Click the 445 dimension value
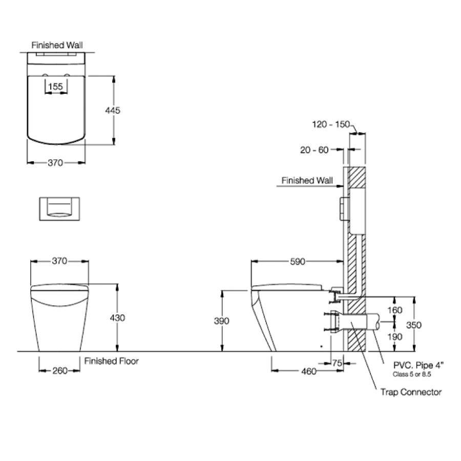[x=113, y=110]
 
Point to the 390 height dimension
[x=222, y=321]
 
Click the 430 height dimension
[x=117, y=318]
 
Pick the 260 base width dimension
[x=59, y=371]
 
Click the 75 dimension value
[x=336, y=363]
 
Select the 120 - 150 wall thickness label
[x=330, y=124]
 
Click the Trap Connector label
[x=411, y=392]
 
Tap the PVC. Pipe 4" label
[x=418, y=366]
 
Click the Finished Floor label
[x=112, y=361]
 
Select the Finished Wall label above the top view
[x=57, y=45]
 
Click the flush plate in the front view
[x=57, y=208]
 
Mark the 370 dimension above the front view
[x=59, y=261]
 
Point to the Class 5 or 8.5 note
[x=413, y=374]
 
